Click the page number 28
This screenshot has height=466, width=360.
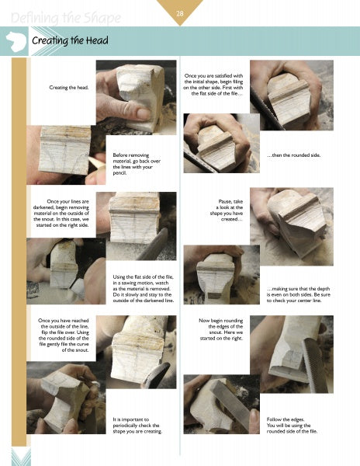click(179, 13)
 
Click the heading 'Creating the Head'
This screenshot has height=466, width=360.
click(70, 40)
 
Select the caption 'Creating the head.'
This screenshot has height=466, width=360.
click(68, 88)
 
